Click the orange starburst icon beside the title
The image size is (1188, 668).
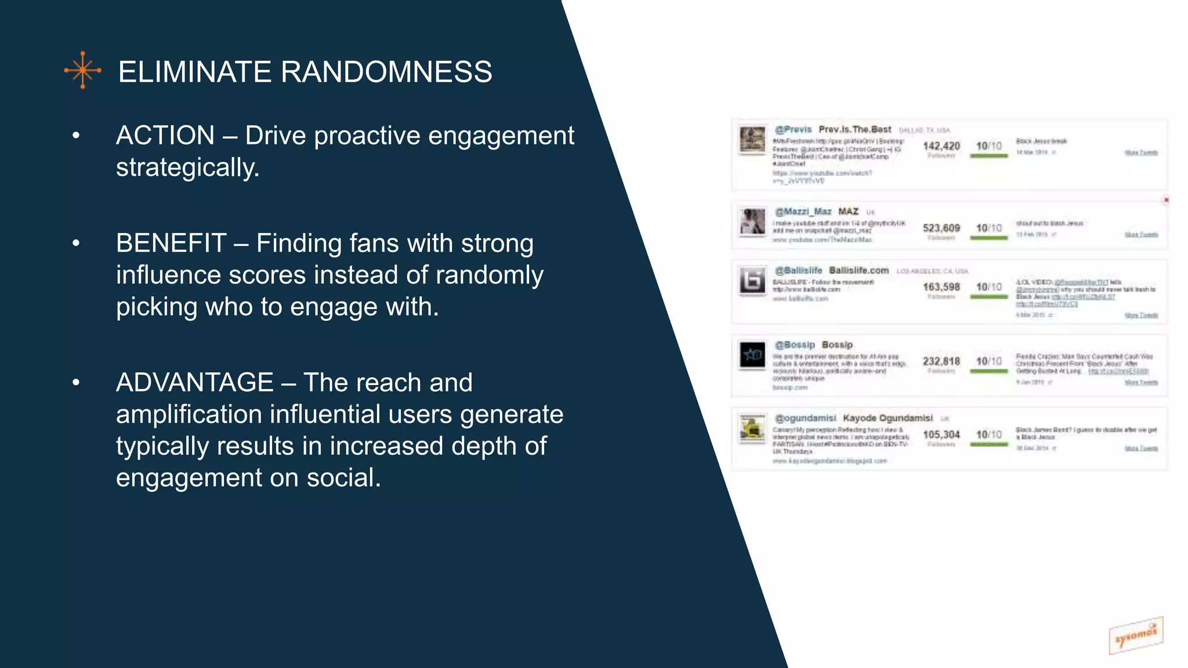[83, 70]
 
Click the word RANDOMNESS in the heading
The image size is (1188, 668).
[386, 72]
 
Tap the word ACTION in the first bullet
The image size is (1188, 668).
[165, 136]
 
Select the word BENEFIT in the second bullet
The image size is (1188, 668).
[171, 244]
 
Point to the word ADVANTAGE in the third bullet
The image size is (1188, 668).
[195, 383]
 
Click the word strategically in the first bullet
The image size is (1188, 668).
[187, 168]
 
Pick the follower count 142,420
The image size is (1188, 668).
[941, 146]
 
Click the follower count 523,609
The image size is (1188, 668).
[941, 228]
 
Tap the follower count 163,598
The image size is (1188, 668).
[941, 287]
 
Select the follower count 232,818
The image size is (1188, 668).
[941, 361]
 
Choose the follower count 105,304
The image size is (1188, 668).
[941, 435]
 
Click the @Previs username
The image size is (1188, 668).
[793, 130]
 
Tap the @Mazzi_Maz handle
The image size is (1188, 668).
[803, 212]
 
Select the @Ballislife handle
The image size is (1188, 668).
[799, 271]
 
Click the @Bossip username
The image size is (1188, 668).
[795, 345]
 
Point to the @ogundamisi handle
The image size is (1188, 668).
[806, 419]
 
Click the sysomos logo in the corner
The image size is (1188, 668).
[1135, 636]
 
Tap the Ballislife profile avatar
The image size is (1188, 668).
[752, 281]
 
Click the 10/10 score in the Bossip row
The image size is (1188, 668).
[988, 361]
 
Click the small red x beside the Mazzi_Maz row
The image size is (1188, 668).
[1166, 200]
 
